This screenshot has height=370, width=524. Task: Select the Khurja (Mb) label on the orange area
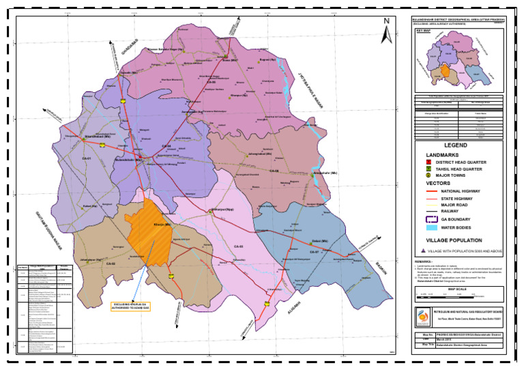coord(162,225)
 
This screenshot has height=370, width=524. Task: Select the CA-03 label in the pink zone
coord(239,246)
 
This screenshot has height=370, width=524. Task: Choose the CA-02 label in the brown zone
coord(111,263)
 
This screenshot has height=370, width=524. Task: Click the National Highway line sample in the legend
coord(433,191)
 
